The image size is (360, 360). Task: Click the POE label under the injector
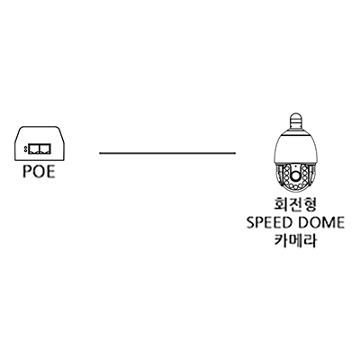(x=39, y=172)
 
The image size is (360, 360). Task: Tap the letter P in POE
(x=28, y=172)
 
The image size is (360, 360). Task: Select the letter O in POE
(x=39, y=172)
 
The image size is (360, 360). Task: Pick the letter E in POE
(x=51, y=172)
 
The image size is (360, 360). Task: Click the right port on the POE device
(x=44, y=148)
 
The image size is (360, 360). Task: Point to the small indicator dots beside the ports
(x=25, y=148)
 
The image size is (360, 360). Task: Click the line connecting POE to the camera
(x=167, y=153)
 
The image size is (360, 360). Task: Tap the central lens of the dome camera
(x=295, y=175)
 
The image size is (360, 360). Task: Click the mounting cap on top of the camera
(x=295, y=121)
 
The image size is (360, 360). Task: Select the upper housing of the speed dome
(x=295, y=147)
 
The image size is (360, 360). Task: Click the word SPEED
(x=269, y=222)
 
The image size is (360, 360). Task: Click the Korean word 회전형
(x=295, y=205)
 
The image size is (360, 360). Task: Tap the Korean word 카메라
(x=295, y=240)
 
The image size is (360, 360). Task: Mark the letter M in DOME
(x=328, y=222)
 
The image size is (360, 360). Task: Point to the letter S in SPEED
(x=251, y=222)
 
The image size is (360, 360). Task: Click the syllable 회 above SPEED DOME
(x=282, y=205)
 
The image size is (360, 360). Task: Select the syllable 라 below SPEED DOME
(x=310, y=240)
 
